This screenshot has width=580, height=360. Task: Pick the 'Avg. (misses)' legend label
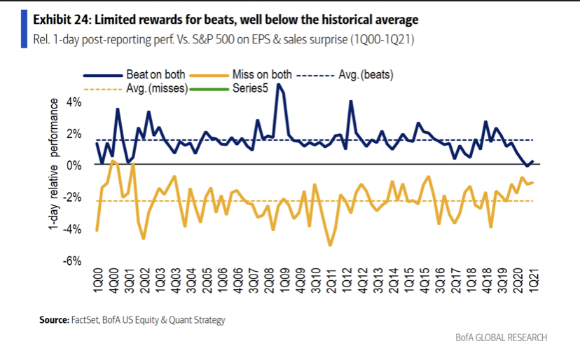(x=156, y=90)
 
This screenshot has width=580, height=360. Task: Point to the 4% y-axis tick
(x=74, y=102)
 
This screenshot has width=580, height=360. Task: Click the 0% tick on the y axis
(x=74, y=165)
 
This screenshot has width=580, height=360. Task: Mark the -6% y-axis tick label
(x=73, y=261)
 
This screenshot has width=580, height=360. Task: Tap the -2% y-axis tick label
(x=73, y=198)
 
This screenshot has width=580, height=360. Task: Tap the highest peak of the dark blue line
(x=279, y=84)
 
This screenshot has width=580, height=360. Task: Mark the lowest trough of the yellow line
(x=330, y=245)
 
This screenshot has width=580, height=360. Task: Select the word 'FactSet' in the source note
(x=86, y=320)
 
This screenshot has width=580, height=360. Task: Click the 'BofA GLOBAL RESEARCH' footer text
(x=501, y=338)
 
